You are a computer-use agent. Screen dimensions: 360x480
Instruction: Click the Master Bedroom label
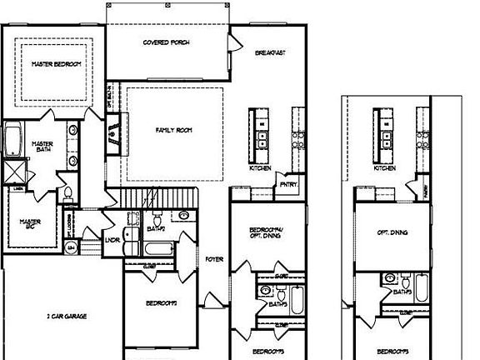(x=56, y=63)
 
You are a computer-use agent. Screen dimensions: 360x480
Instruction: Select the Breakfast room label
(x=271, y=53)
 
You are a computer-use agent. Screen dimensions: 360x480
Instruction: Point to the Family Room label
(x=174, y=131)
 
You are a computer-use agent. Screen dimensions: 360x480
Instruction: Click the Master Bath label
(x=42, y=147)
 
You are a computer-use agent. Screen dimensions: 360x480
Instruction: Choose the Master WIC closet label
(x=31, y=224)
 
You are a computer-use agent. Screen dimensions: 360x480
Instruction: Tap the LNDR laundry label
(x=114, y=242)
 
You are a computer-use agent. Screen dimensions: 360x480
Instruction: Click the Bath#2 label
(x=156, y=228)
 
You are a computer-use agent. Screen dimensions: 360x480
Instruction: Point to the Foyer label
(x=215, y=260)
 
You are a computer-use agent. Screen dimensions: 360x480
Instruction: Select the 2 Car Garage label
(x=67, y=316)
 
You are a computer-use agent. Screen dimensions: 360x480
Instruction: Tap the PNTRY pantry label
(x=288, y=185)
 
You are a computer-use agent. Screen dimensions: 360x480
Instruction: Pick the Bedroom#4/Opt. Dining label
(x=267, y=234)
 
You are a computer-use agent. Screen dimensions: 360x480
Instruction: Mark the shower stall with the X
(x=14, y=173)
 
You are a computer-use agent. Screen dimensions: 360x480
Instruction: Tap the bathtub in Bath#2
(x=157, y=250)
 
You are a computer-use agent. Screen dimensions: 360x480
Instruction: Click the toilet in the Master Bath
(x=68, y=192)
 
